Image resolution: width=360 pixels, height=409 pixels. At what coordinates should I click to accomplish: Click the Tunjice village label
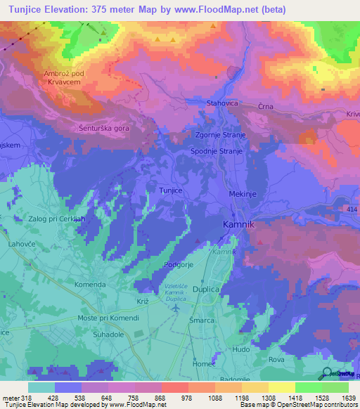tap(173, 190)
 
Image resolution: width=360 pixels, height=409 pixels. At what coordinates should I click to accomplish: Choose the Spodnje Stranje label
tap(217, 151)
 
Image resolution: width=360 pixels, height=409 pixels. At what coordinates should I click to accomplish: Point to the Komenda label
tap(91, 285)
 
